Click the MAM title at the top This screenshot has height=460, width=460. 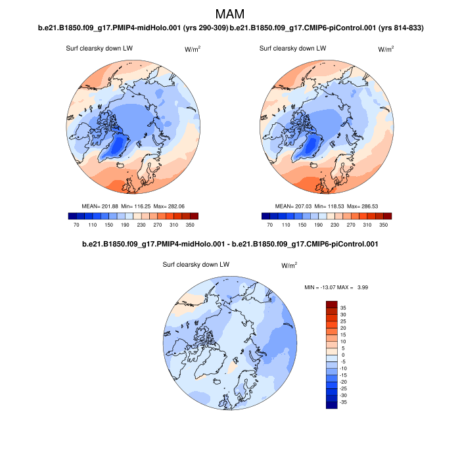coord(229,14)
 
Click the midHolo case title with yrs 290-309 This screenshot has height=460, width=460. coord(133,28)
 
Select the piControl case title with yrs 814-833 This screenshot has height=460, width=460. coord(327,28)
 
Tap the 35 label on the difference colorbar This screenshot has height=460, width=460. coord(342,307)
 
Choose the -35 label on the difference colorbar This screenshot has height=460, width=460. coord(342,402)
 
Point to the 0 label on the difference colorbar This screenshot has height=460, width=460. coord(342,355)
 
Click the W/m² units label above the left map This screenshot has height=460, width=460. coord(193,49)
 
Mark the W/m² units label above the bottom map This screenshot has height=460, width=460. coord(289,265)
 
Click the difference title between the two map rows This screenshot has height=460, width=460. coord(229,244)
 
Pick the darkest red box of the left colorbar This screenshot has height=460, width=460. coord(193,216)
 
